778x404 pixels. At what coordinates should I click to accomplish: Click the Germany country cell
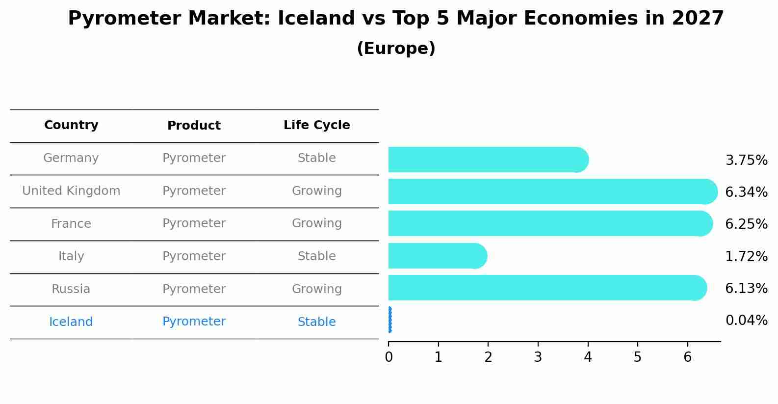click(x=71, y=158)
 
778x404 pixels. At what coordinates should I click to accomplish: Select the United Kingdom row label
click(x=71, y=191)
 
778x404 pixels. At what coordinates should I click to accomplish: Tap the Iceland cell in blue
click(x=71, y=322)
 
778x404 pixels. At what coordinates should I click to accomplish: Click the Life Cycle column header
click(x=316, y=125)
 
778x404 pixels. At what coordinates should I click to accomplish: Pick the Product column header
click(x=194, y=126)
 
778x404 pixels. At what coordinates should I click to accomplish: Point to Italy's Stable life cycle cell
click(x=316, y=256)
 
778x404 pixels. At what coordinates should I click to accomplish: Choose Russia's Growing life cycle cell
click(x=316, y=289)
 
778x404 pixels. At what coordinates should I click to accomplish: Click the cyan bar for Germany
click(x=486, y=160)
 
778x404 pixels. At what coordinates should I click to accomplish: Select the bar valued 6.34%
click(x=549, y=191)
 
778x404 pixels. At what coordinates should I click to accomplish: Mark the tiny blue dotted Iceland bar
click(x=389, y=320)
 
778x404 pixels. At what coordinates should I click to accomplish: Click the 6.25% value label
click(x=746, y=224)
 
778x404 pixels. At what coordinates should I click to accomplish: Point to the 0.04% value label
click(x=746, y=321)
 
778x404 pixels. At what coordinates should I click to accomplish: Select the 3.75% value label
click(x=746, y=161)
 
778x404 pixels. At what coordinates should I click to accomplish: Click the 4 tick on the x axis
click(x=588, y=357)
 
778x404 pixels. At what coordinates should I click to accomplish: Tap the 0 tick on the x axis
click(x=389, y=357)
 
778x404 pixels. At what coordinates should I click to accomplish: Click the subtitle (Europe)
click(x=396, y=49)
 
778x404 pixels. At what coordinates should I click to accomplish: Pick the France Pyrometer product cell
click(x=194, y=223)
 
